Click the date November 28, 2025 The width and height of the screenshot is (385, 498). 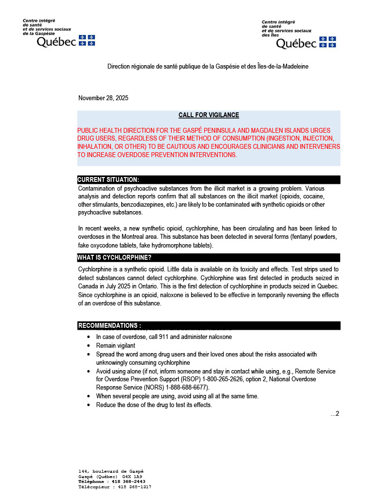click(x=103, y=98)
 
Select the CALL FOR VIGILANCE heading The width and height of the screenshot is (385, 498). click(x=208, y=115)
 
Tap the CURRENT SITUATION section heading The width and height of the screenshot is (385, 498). click(x=108, y=180)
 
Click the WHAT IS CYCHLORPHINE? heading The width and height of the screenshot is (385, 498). click(x=114, y=258)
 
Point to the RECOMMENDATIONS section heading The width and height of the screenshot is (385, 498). click(x=110, y=325)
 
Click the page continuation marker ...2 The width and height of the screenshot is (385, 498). click(x=334, y=414)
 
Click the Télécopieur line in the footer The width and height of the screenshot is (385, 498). click(x=114, y=487)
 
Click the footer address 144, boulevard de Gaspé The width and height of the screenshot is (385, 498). click(x=111, y=471)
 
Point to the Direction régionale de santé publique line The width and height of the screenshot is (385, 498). click(x=208, y=66)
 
